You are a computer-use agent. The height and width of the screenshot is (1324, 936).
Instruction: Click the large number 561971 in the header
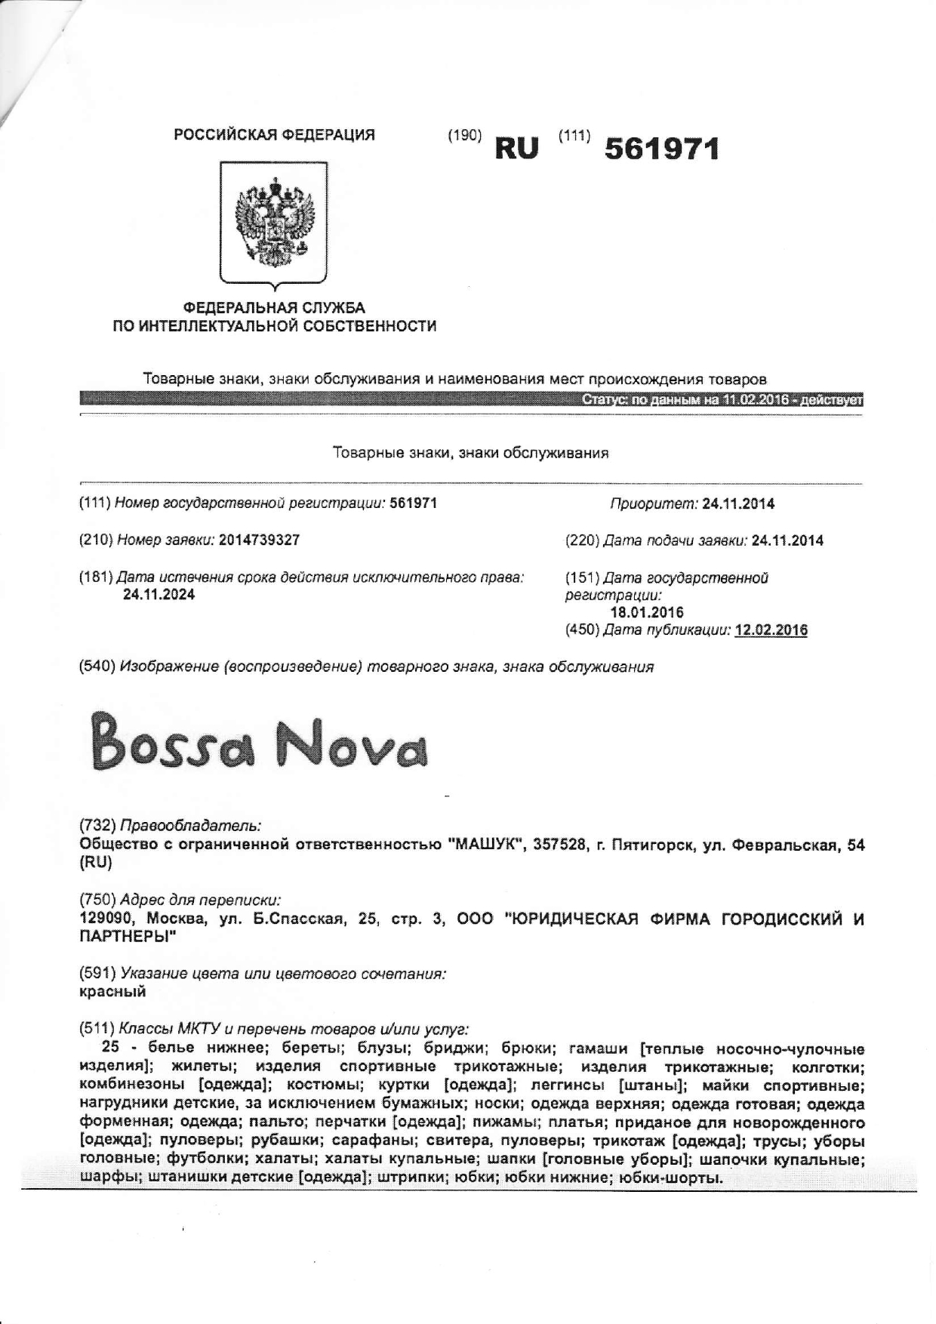click(661, 149)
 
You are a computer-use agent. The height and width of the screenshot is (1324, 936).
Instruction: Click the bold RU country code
click(517, 149)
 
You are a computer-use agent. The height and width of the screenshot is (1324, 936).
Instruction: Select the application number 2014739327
click(259, 540)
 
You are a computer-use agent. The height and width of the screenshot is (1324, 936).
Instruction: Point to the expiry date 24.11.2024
click(159, 595)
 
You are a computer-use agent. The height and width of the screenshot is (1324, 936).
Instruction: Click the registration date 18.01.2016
click(646, 612)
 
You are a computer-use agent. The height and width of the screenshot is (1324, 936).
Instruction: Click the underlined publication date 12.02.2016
click(771, 630)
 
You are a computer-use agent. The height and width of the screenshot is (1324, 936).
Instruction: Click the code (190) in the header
click(464, 136)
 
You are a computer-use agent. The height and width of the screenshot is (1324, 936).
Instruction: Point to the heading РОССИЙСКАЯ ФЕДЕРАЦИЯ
click(274, 135)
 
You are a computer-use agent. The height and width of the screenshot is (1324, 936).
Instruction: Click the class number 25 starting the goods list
click(110, 1048)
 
